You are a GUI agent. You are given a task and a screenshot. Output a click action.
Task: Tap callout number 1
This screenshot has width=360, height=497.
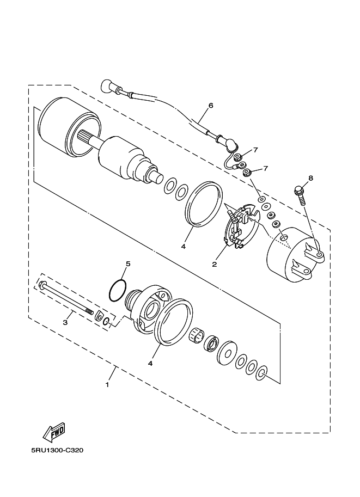click(107, 384)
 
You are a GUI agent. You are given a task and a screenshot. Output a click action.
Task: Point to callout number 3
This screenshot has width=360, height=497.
click(65, 323)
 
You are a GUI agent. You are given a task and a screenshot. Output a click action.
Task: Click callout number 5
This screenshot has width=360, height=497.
click(128, 265)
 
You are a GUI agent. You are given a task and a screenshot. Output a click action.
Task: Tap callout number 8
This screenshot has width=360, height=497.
click(310, 178)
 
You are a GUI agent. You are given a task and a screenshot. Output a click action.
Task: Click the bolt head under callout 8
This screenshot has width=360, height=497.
click(298, 191)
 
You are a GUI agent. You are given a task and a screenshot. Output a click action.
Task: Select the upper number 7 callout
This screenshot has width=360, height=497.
click(255, 150)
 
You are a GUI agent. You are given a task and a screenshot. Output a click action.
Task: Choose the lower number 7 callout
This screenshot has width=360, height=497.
click(266, 168)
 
